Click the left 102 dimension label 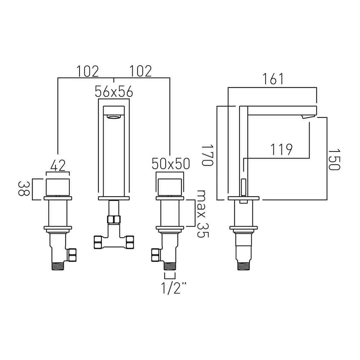87,71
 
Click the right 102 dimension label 141,71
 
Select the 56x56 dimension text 114,92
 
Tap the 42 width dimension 58,166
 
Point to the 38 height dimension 24,189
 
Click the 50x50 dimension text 171,164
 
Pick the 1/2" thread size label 174,288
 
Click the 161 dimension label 273,79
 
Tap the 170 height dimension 208,155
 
